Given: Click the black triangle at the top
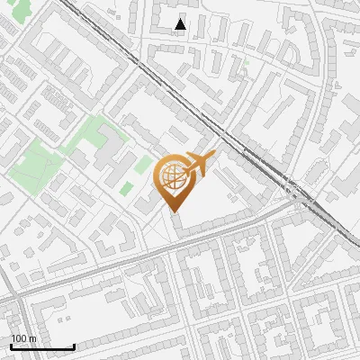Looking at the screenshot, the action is tap(181, 24).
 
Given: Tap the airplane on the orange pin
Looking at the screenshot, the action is tap(198, 165).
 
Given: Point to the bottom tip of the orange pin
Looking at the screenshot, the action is tap(172, 211).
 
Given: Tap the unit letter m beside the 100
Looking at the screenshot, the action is tap(32, 338).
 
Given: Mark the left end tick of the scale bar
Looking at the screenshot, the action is tap(11, 346).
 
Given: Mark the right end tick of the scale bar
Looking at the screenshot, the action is tap(74, 346).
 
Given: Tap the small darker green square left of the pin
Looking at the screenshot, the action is tap(127, 188).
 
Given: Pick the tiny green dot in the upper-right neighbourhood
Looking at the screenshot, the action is tap(245, 63).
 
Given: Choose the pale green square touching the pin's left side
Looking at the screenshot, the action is tap(143, 165).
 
